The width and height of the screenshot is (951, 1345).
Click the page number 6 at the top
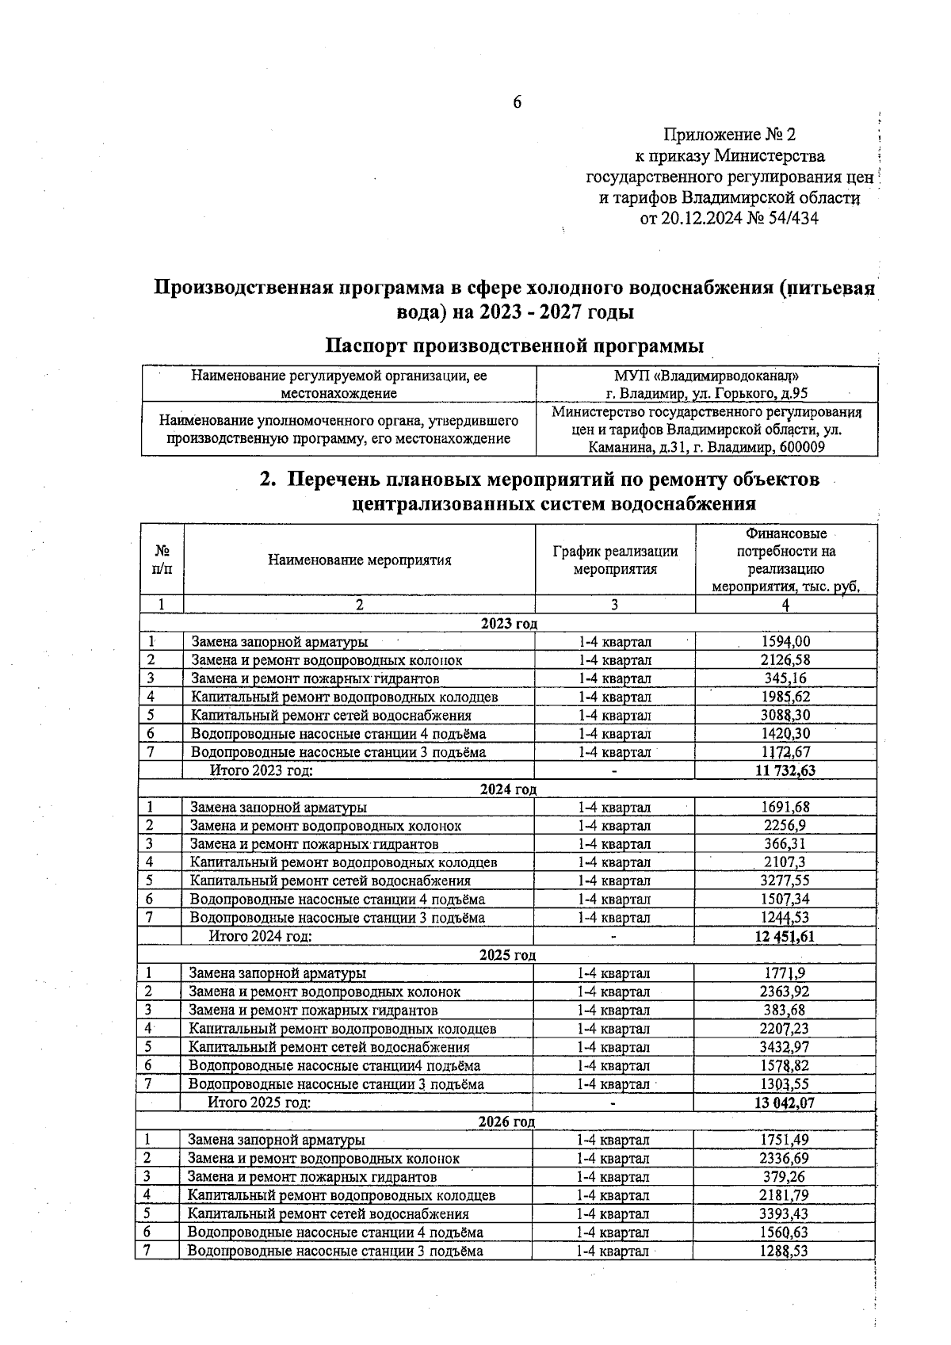[x=517, y=101]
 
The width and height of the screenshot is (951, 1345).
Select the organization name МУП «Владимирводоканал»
[x=707, y=376]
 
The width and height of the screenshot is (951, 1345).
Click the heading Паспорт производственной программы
[x=515, y=346]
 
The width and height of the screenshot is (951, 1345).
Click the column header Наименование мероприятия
[x=359, y=560]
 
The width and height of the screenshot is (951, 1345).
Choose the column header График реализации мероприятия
[x=615, y=560]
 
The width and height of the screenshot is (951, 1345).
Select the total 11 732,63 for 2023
[x=785, y=770]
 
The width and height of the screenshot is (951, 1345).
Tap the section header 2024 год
[x=508, y=789]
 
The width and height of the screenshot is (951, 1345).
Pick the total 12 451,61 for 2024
[x=785, y=936]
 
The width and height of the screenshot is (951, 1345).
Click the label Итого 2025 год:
[x=258, y=1102]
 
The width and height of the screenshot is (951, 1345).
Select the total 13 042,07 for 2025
[x=785, y=1102]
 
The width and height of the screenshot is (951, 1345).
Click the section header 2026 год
[x=506, y=1121]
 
